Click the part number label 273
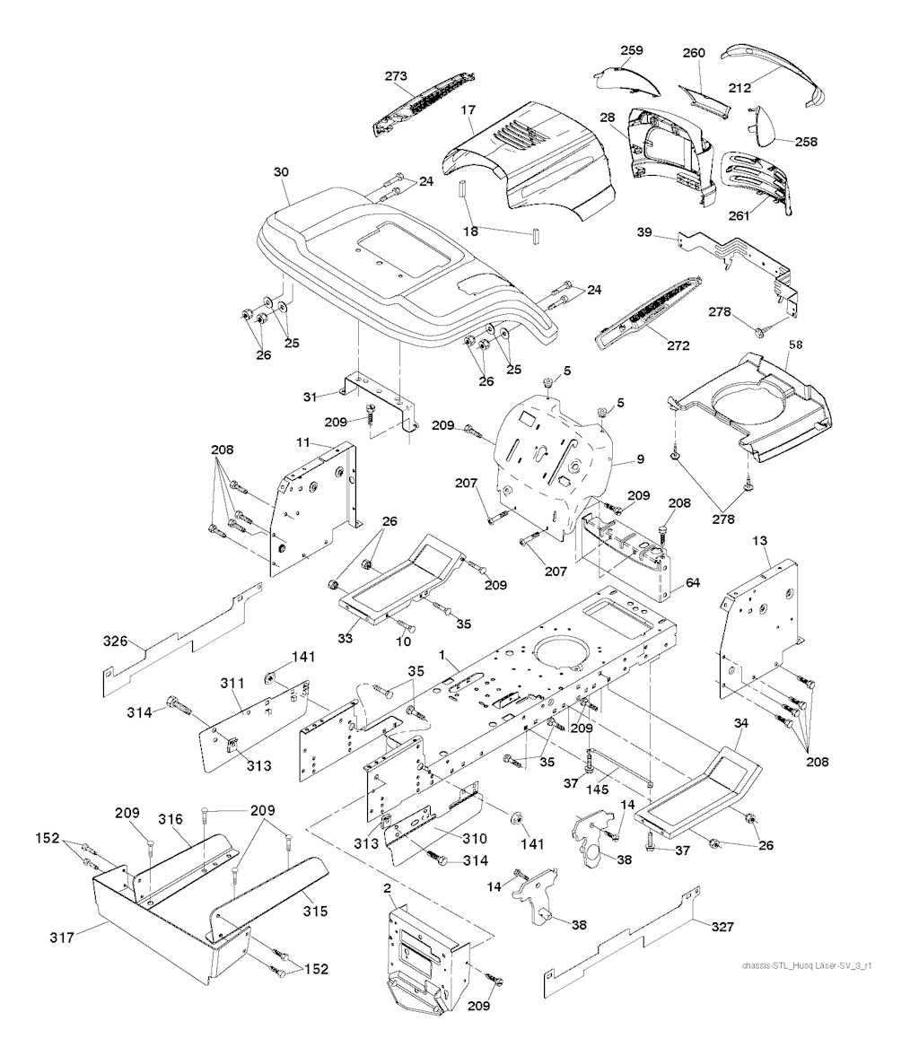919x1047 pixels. click(x=397, y=76)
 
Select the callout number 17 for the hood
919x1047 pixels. click(x=468, y=109)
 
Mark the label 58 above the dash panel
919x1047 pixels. click(x=794, y=345)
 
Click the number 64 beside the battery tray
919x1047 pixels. click(x=692, y=583)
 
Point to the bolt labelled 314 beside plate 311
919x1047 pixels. click(x=177, y=706)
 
